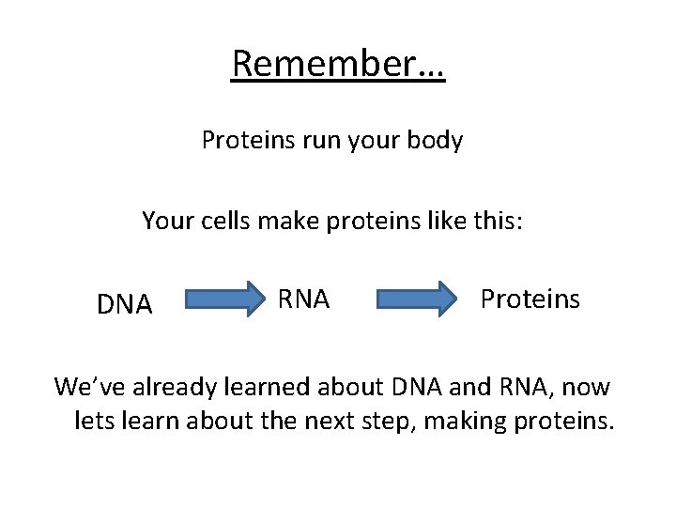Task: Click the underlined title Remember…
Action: [x=338, y=64]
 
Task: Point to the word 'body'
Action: [x=437, y=141]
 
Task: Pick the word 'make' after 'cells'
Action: [x=277, y=222]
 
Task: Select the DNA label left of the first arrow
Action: [x=125, y=304]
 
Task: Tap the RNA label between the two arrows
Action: [x=303, y=299]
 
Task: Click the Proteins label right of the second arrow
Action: [x=530, y=299]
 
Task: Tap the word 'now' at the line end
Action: [x=589, y=386]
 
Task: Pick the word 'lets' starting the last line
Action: [x=91, y=422]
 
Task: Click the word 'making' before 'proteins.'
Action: [x=464, y=422]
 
